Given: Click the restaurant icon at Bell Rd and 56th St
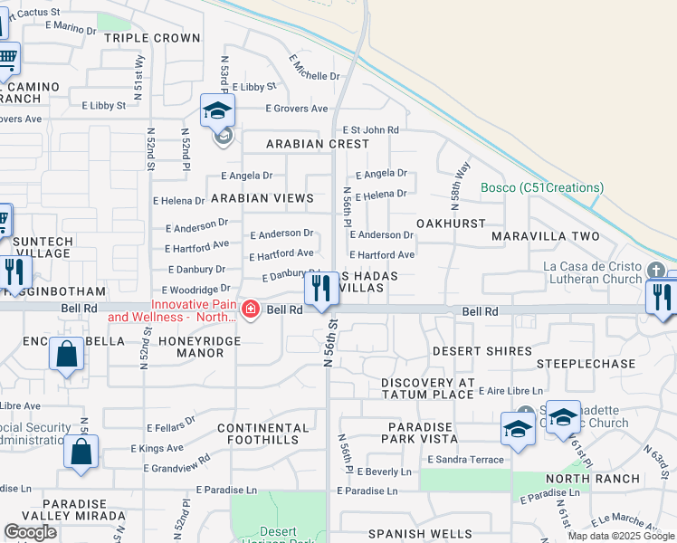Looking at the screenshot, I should click(320, 290).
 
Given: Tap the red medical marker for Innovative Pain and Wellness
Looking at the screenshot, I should click(251, 310).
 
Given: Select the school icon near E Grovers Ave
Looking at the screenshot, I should click(217, 111).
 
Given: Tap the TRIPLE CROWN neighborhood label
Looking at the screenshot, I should click(152, 38).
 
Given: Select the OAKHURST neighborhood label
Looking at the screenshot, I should click(451, 223).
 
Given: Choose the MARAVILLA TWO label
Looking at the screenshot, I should click(546, 236).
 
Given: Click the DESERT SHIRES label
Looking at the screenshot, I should click(482, 351).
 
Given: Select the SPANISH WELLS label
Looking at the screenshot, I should click(420, 534).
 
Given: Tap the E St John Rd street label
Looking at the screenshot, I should click(369, 130).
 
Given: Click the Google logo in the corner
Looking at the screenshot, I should click(30, 533).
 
